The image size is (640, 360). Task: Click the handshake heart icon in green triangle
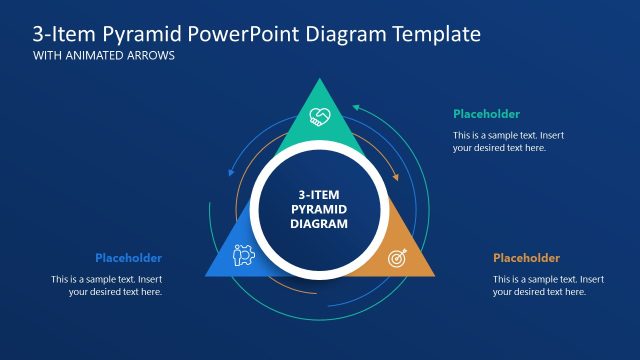tap(320, 116)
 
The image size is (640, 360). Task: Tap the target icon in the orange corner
tap(397, 256)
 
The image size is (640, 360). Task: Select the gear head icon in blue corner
tap(243, 256)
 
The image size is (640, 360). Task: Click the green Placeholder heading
tap(486, 114)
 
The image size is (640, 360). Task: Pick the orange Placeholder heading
tap(526, 258)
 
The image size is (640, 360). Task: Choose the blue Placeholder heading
tap(128, 258)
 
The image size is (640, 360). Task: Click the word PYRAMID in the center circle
tap(319, 210)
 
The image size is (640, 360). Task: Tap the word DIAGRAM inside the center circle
tap(319, 225)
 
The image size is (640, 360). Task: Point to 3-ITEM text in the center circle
tap(319, 195)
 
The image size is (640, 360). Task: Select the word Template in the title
tap(433, 34)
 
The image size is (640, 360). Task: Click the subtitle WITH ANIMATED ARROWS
tap(104, 56)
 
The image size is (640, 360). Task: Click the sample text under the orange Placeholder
tap(548, 285)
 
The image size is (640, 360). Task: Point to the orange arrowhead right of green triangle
tap(396, 179)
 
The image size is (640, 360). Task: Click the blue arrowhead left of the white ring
tap(232, 174)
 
